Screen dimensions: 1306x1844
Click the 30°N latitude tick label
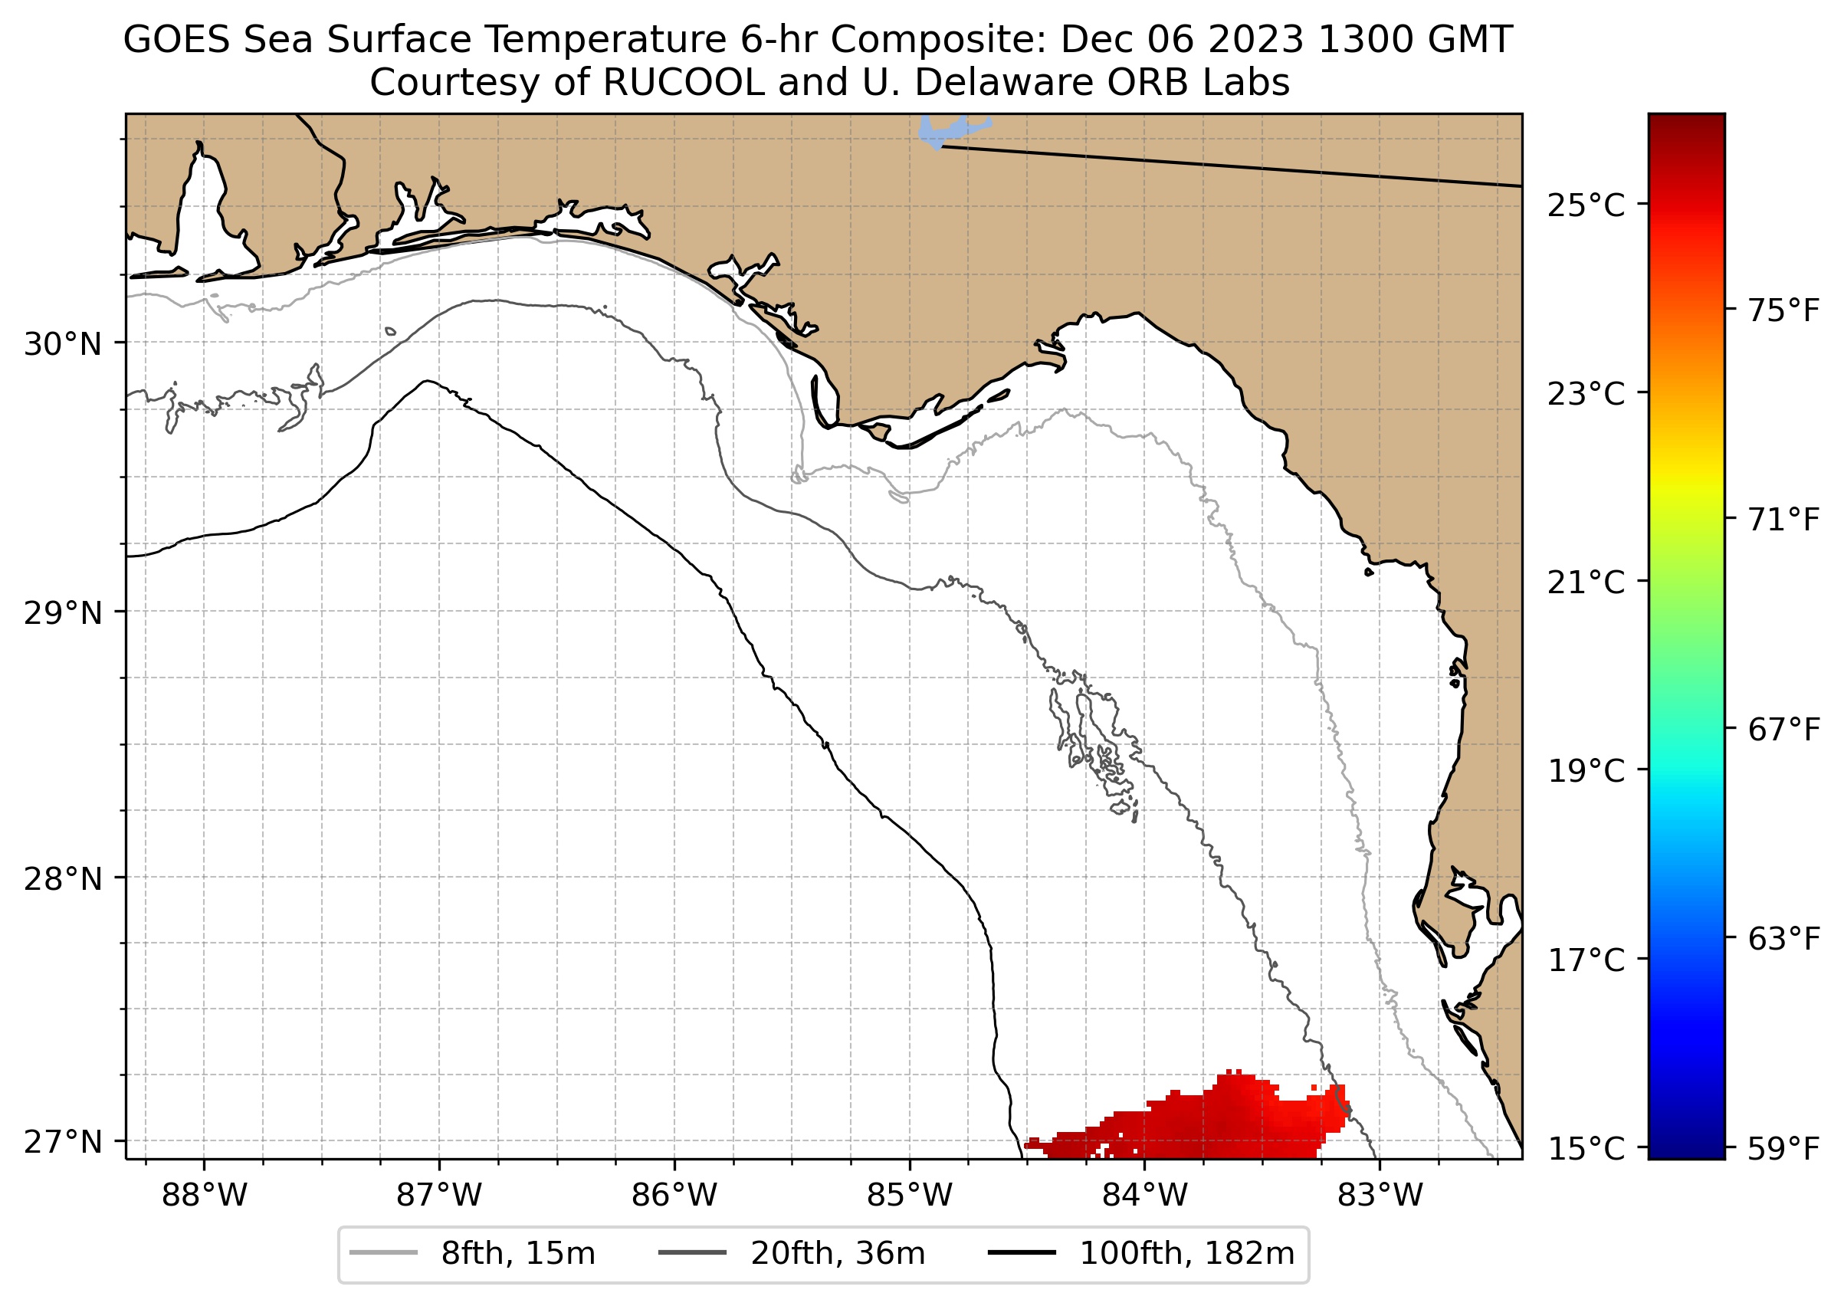(x=63, y=344)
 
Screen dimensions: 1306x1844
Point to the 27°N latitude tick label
(x=63, y=1142)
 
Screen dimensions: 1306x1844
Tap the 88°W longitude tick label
(x=205, y=1196)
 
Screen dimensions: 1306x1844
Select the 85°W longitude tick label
(x=910, y=1196)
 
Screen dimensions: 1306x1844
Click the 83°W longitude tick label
(x=1380, y=1196)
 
